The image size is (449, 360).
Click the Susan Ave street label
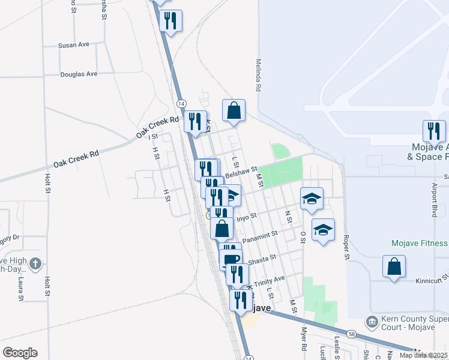73,45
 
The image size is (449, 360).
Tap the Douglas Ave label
79,74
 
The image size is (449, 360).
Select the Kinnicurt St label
432,280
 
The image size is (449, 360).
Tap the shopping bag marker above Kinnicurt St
394,266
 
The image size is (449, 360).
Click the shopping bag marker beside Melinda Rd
234,110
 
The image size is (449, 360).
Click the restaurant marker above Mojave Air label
433,131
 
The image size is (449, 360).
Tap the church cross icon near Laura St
35,263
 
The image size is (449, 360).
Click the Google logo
20,353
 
